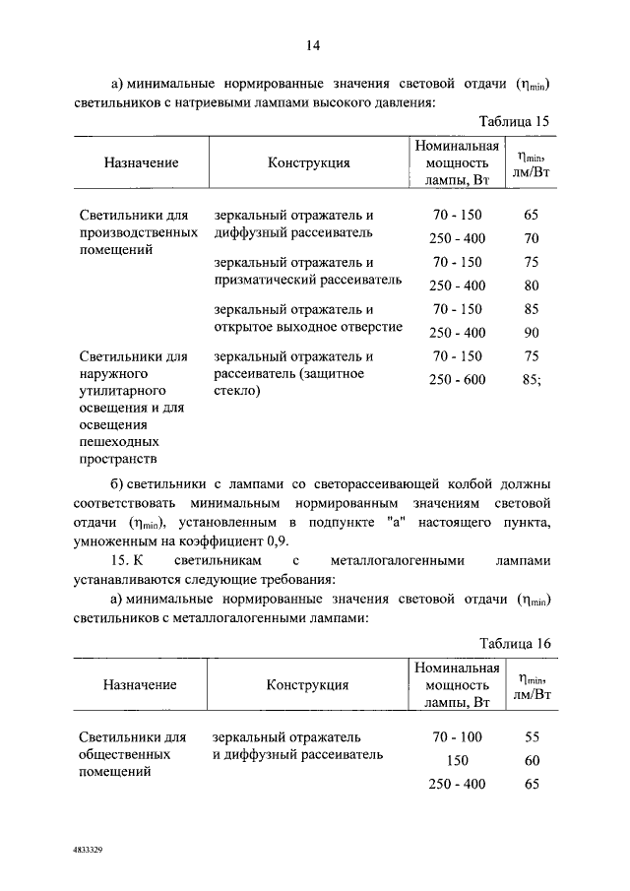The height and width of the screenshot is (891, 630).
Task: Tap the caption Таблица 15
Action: pyautogui.click(x=514, y=121)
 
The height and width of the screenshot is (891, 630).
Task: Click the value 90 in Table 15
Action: pyautogui.click(x=533, y=332)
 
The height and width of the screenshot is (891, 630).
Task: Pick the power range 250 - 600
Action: pyautogui.click(x=458, y=380)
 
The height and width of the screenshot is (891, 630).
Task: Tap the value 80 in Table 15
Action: pyautogui.click(x=533, y=286)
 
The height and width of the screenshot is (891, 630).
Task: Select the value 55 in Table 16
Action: pyautogui.click(x=533, y=736)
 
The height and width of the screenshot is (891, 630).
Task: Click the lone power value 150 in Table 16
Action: pyautogui.click(x=458, y=760)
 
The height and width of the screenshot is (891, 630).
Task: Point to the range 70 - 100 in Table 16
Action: pyautogui.click(x=458, y=736)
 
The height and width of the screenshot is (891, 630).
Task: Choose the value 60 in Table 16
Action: pyautogui.click(x=533, y=760)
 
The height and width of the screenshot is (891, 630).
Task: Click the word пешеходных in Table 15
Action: pyautogui.click(x=117, y=440)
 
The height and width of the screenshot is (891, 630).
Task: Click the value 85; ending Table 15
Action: pyautogui.click(x=534, y=380)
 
